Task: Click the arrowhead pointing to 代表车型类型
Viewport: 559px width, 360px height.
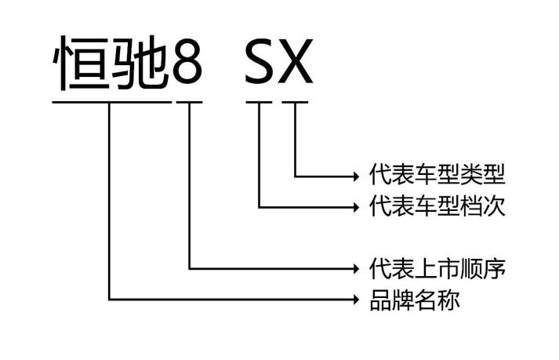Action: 355,174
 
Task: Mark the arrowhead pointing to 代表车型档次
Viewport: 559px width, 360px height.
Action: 355,206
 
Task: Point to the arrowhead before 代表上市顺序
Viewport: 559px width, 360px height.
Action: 355,268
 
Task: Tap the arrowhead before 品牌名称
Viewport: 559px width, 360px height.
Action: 355,299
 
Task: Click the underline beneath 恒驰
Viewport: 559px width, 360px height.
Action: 111,101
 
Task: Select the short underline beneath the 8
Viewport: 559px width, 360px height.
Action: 189,101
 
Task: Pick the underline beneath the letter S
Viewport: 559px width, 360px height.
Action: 259,101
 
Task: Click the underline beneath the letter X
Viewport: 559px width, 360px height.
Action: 296,101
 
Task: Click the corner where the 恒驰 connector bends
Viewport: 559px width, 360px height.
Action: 111,299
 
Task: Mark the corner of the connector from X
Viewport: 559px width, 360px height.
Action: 296,174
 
